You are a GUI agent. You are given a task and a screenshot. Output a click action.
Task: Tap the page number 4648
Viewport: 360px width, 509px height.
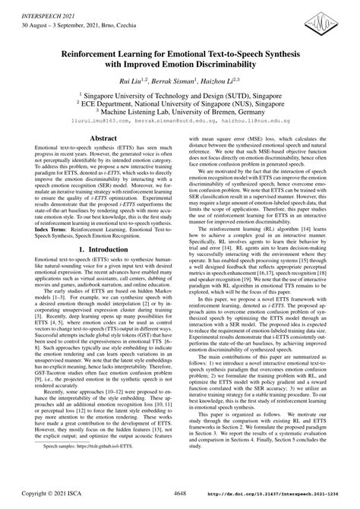coord(180,496)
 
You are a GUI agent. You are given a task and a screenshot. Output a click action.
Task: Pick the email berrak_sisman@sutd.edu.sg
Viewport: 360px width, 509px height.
coord(180,120)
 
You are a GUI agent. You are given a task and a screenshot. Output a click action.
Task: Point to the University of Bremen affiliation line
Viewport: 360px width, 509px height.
coord(180,111)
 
